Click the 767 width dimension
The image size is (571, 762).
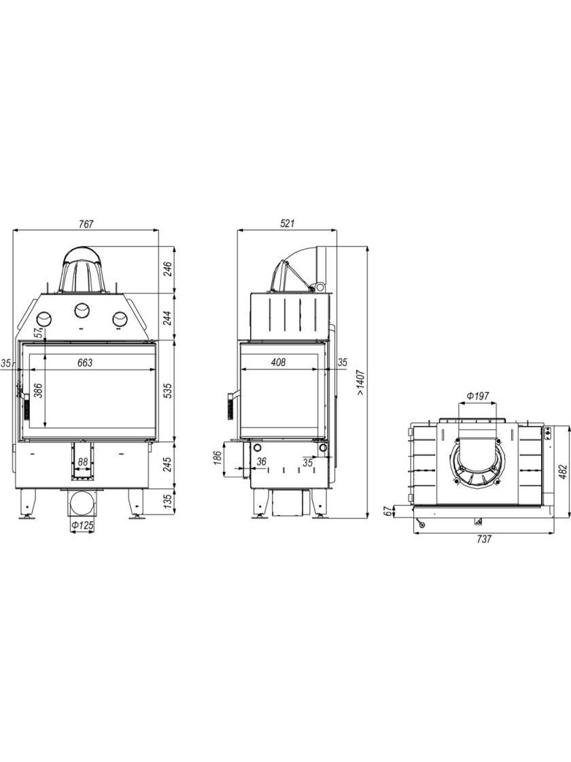pos(86,224)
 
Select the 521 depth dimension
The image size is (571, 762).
pos(288,224)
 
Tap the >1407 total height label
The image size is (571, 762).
pos(360,380)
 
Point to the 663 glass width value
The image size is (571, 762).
pos(84,363)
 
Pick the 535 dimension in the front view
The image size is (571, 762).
pos(167,391)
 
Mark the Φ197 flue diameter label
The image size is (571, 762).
pos(478,396)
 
